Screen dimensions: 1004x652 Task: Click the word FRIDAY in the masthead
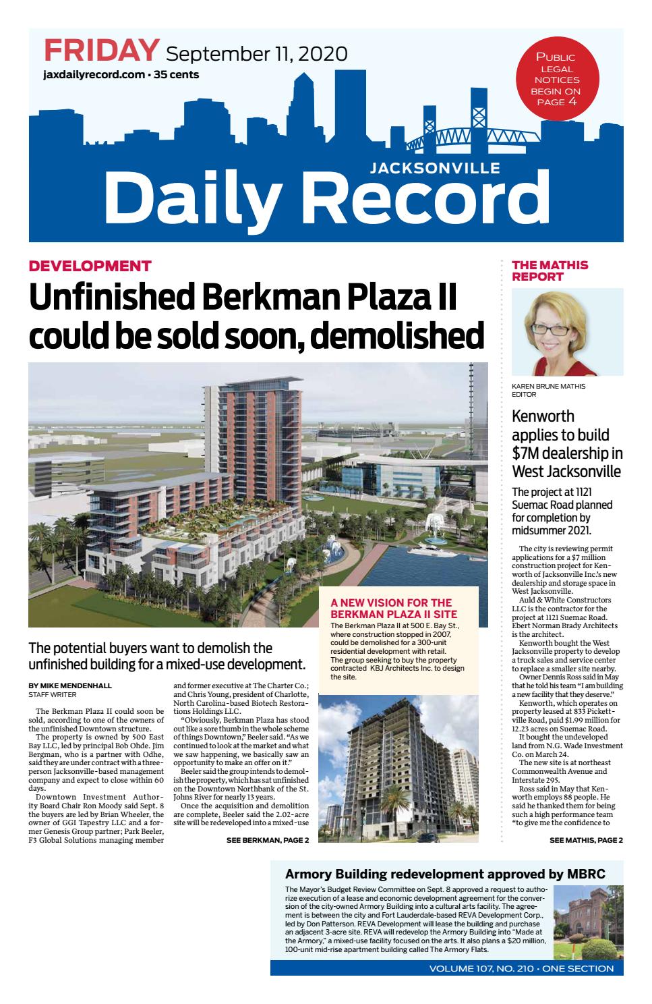click(101, 51)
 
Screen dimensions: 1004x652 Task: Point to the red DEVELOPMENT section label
click(90, 266)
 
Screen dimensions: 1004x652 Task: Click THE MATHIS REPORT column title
click(550, 271)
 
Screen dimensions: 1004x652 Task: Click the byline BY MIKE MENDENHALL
click(70, 686)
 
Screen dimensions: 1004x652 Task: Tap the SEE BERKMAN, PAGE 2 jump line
click(267, 840)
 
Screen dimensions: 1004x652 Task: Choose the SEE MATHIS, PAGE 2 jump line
click(586, 840)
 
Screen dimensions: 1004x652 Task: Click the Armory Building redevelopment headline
click(445, 874)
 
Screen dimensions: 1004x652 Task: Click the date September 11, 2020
click(256, 53)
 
